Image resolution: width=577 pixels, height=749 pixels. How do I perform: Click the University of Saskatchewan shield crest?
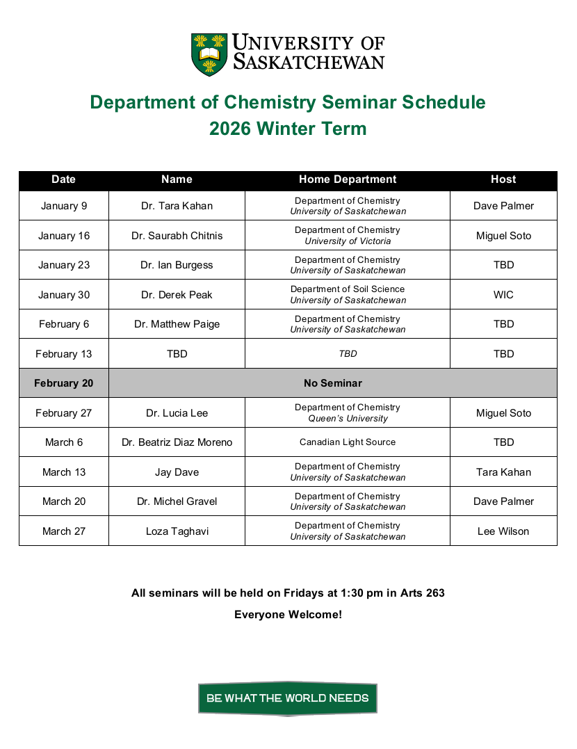tap(209, 54)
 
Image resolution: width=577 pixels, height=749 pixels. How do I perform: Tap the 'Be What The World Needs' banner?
tap(288, 698)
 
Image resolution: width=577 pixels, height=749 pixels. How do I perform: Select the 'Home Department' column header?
tap(348, 179)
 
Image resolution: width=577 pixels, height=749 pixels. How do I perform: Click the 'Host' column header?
tap(503, 179)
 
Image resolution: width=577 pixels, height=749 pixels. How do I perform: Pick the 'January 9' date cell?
tap(64, 206)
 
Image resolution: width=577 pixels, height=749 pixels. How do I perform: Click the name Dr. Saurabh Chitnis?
tap(177, 236)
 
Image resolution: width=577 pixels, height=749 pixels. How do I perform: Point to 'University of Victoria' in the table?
tap(348, 241)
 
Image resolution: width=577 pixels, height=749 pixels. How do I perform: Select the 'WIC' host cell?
tap(503, 295)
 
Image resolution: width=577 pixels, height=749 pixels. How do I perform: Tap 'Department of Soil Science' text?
tap(348, 289)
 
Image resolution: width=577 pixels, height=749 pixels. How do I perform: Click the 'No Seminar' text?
tap(332, 383)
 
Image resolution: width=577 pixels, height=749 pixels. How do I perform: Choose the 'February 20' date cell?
tap(64, 383)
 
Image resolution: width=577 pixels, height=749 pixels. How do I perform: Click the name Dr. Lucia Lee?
tap(177, 413)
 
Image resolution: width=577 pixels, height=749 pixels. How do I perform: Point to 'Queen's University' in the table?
tap(348, 419)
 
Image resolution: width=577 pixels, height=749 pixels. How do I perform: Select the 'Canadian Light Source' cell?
tap(348, 442)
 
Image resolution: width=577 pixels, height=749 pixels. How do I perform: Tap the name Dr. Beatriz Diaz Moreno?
tap(177, 442)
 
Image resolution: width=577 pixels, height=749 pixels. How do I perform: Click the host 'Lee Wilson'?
tap(503, 531)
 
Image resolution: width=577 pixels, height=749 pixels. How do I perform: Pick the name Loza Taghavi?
tap(177, 531)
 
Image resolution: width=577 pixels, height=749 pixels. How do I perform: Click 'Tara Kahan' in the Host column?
tap(503, 472)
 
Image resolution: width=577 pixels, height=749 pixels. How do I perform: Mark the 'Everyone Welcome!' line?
tap(288, 615)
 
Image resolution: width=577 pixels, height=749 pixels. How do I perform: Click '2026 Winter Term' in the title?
tap(288, 129)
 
